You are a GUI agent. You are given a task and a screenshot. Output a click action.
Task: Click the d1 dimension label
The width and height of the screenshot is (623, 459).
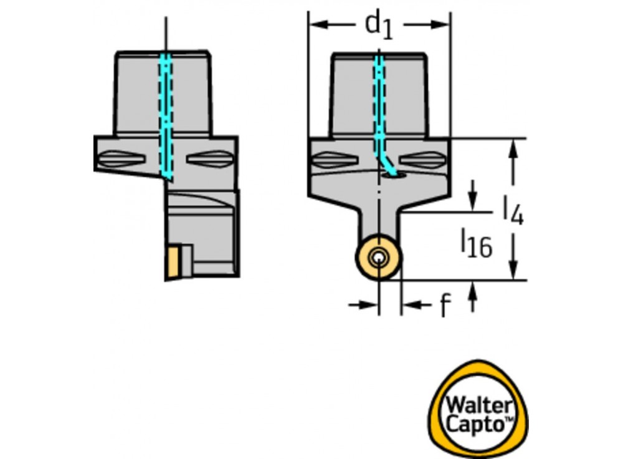click(x=379, y=25)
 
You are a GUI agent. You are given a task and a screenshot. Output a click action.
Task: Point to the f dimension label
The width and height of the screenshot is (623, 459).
click(x=444, y=306)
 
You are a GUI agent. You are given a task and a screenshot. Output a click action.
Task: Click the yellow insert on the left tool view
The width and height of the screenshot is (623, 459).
click(x=173, y=262)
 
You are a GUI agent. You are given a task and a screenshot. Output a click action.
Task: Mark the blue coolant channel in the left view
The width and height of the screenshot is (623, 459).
click(x=166, y=112)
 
